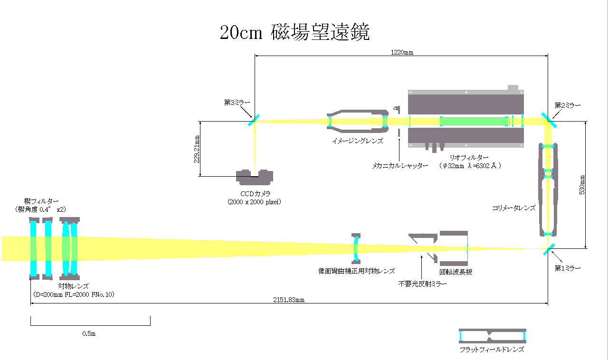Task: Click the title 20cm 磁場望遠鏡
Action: pyautogui.click(x=295, y=32)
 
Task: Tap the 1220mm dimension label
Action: pyautogui.click(x=402, y=52)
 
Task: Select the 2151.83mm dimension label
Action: pyautogui.click(x=289, y=300)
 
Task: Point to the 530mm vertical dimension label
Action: pyautogui.click(x=582, y=185)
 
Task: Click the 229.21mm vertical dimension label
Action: pyautogui.click(x=197, y=149)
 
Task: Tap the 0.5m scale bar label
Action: pyautogui.click(x=89, y=333)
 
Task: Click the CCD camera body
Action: pyautogui.click(x=255, y=177)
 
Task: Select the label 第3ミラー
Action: pyautogui.click(x=237, y=103)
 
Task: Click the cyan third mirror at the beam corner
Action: pyautogui.click(x=254, y=120)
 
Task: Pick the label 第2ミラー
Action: pyautogui.click(x=567, y=105)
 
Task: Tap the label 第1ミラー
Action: pyautogui.click(x=567, y=268)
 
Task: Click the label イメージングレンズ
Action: pyautogui.click(x=358, y=141)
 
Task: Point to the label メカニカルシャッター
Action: pyautogui.click(x=400, y=166)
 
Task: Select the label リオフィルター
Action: pyautogui.click(x=469, y=158)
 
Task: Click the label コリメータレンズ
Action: pyautogui.click(x=514, y=208)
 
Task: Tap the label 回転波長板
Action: pyautogui.click(x=456, y=272)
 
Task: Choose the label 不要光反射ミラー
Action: pyautogui.click(x=422, y=284)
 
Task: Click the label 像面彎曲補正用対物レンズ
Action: pyautogui.click(x=357, y=271)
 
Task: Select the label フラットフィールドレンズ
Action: pyautogui.click(x=492, y=350)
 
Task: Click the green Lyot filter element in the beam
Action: pyautogui.click(x=474, y=121)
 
